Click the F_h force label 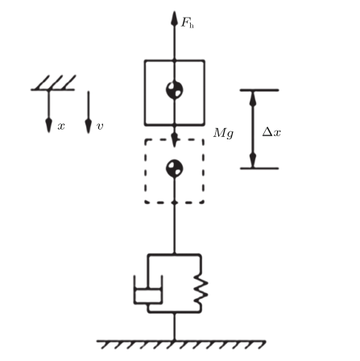tap(188, 23)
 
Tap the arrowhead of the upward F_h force tap(175, 19)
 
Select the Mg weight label tap(223, 133)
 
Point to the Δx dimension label tap(271, 132)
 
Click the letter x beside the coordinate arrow tap(61, 126)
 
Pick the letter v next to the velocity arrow tap(100, 126)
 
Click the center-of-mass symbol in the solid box tap(175, 89)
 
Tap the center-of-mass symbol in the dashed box tap(175, 168)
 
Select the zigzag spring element tap(201, 289)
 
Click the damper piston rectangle tap(148, 296)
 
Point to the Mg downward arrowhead tap(175, 139)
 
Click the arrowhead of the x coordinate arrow tap(48, 126)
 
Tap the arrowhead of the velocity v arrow tap(89, 126)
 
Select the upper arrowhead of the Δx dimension tap(253, 98)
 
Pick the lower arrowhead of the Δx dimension tap(253, 160)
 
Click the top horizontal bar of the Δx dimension tap(259, 90)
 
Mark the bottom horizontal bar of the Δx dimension tap(259, 168)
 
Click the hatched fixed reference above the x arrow tap(53, 83)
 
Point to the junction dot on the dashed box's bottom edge tap(175, 202)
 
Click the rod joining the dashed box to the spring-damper tap(175, 228)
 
